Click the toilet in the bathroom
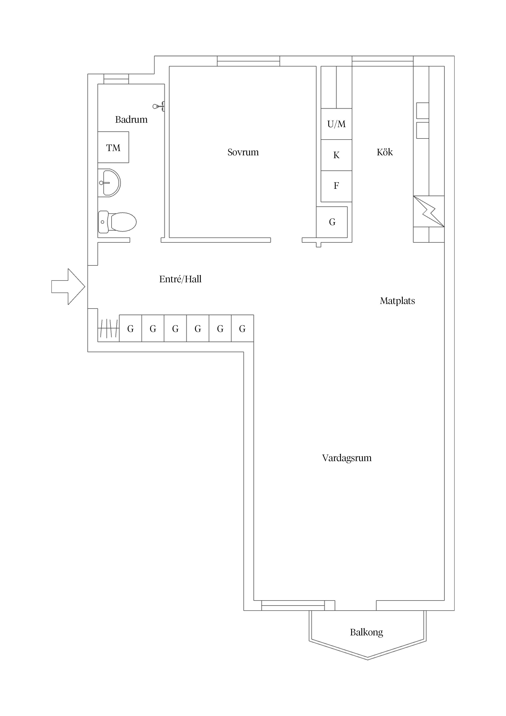(118, 222)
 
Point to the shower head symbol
(158, 107)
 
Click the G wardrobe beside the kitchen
(332, 222)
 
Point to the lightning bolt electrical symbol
(429, 211)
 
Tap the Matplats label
(397, 301)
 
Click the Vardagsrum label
(347, 458)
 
